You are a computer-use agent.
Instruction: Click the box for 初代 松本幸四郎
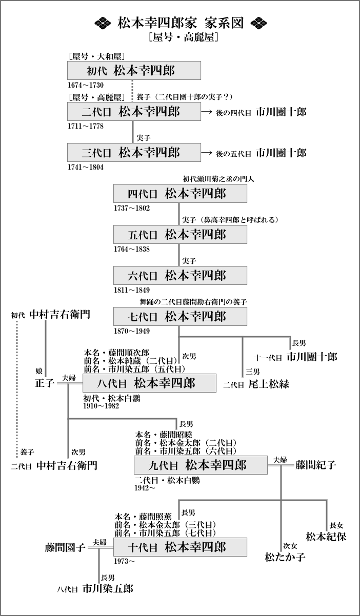pyautogui.click(x=133, y=71)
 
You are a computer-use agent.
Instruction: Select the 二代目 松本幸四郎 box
pyautogui.click(x=133, y=111)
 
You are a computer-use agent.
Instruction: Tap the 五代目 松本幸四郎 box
pyautogui.click(x=180, y=235)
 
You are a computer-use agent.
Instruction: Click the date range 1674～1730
pyautogui.click(x=86, y=84)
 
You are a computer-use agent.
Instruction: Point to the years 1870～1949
pyautogui.click(x=132, y=331)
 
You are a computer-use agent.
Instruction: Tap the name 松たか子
pyautogui.click(x=285, y=556)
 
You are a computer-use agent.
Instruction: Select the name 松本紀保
pyautogui.click(x=326, y=537)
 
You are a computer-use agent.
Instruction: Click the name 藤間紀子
pyautogui.click(x=316, y=465)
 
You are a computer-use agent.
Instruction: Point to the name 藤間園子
pyautogui.click(x=64, y=547)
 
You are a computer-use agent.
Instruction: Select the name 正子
pyautogui.click(x=45, y=383)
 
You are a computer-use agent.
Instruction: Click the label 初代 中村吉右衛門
pyautogui.click(x=51, y=315)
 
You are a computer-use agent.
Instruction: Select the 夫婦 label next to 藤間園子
pyautogui.click(x=99, y=542)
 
